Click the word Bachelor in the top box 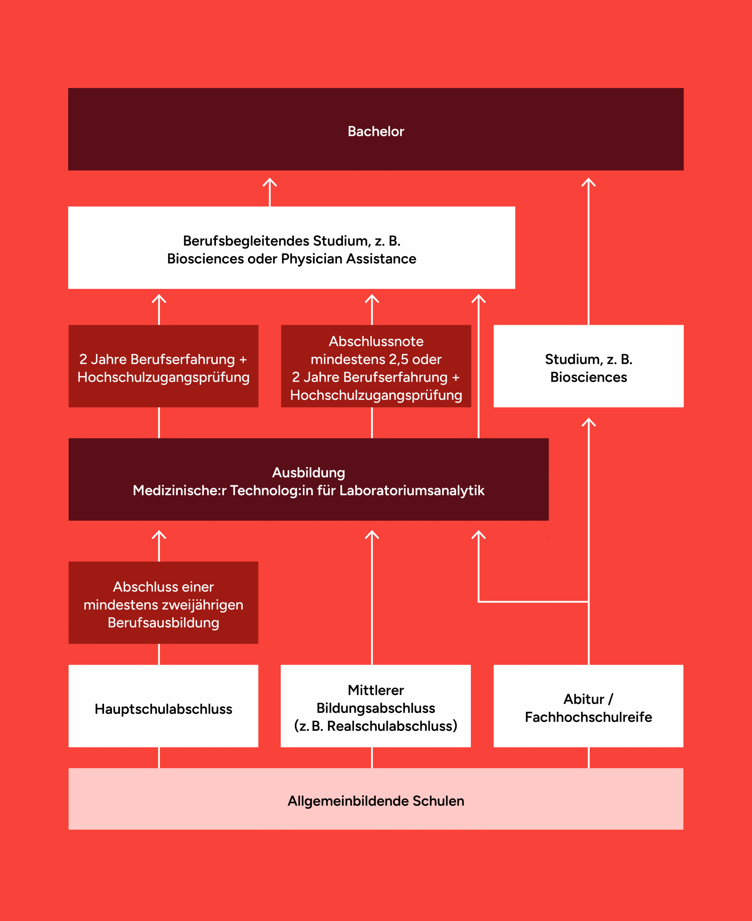click(375, 131)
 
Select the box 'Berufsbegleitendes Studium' click(292, 248)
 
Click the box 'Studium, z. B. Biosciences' click(588, 366)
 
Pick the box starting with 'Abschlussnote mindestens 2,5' click(375, 366)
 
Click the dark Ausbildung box click(309, 480)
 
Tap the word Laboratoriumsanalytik click(411, 490)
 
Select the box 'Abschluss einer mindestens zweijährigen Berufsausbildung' click(163, 603)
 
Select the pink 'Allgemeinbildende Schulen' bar click(375, 801)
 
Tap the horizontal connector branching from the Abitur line click(533, 602)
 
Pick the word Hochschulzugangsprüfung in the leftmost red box click(163, 377)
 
